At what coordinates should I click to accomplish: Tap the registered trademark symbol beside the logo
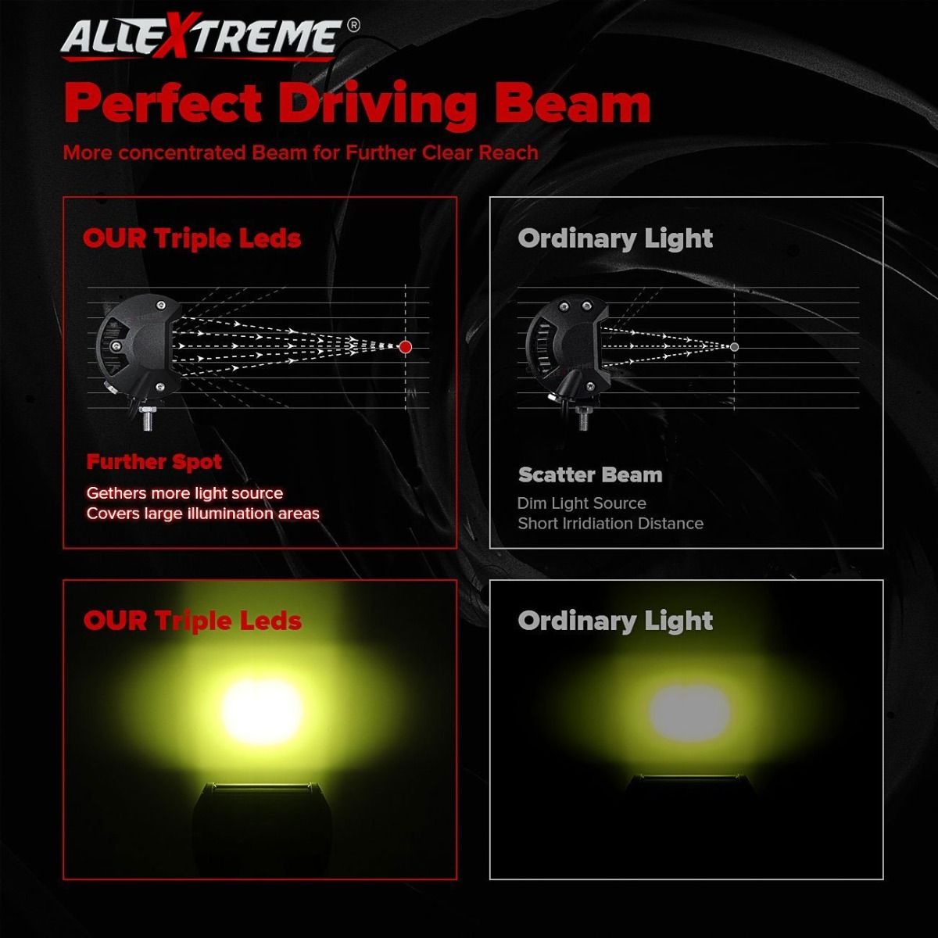(354, 25)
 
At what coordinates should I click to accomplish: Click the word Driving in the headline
(378, 104)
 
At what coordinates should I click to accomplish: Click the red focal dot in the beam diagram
(405, 346)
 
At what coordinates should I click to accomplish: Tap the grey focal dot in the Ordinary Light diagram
(735, 346)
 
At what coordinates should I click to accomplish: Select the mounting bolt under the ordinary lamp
(582, 418)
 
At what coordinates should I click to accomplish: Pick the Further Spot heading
(154, 462)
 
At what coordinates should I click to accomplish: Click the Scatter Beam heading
(590, 474)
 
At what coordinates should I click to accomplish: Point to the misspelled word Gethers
(116, 493)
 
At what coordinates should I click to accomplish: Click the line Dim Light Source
(582, 503)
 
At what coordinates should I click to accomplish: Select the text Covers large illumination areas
(203, 514)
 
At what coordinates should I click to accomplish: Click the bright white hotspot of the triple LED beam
(262, 711)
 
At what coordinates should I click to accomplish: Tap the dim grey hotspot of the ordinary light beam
(689, 712)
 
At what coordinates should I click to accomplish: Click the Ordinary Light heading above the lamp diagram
(615, 239)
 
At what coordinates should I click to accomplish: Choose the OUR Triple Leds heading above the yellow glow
(193, 621)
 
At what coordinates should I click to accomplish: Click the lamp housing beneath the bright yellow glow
(261, 822)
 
